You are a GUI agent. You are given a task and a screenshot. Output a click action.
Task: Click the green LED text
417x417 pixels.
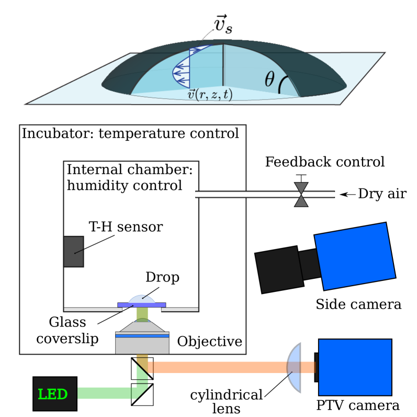coord(53,394)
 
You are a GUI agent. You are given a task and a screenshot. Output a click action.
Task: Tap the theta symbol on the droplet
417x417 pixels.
coord(269,80)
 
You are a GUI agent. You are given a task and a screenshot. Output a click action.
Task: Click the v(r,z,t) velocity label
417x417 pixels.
coord(210,95)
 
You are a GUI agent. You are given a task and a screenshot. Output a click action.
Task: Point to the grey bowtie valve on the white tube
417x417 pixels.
coord(301,195)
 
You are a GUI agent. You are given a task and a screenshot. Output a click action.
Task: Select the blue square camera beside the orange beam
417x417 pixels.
coord(355,367)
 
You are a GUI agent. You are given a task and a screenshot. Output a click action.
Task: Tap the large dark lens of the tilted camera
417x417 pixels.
coord(279,269)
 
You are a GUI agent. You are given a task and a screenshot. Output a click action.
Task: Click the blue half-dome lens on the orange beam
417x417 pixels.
coord(295,367)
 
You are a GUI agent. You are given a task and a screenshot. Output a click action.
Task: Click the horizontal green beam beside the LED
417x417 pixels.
coord(105,393)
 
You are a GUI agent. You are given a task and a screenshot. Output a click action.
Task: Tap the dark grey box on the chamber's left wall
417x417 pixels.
coord(74,252)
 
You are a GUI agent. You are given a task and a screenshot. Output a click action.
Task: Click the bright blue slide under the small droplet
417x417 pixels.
coord(142,305)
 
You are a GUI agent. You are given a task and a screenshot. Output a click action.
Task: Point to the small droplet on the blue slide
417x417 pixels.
coord(142,299)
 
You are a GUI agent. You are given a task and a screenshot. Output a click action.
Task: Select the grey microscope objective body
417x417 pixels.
coord(142,343)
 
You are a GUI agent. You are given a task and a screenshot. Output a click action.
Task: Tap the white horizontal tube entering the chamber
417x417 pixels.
coord(246,195)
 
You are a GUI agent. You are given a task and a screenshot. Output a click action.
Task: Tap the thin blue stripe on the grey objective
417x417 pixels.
coord(142,336)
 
